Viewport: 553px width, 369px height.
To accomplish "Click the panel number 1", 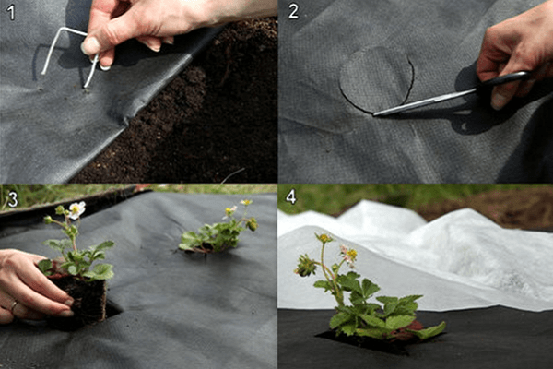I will pyautogui.click(x=10, y=12).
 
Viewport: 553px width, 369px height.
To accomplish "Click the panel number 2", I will pyautogui.click(x=293, y=12).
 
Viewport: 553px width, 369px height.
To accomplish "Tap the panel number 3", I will pyautogui.click(x=12, y=198).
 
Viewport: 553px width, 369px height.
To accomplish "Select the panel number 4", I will pyautogui.click(x=292, y=196).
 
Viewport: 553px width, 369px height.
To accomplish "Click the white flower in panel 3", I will pyautogui.click(x=76, y=210).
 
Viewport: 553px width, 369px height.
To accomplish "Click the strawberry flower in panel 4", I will pyautogui.click(x=349, y=253).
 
